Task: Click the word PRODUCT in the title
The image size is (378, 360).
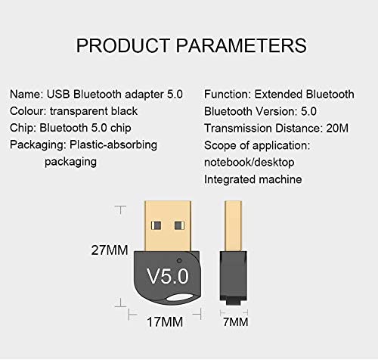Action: point(123,45)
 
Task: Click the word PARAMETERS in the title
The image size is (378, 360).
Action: point(241,45)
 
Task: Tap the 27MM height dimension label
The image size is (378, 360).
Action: point(110,250)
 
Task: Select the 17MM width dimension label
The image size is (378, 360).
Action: point(165,322)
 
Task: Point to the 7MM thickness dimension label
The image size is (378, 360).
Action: point(236,322)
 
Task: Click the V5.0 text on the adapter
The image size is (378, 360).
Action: point(168,276)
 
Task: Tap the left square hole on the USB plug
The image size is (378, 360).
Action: point(156,225)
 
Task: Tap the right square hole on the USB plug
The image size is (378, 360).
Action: point(179,225)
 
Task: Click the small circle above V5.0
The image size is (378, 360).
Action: point(179,261)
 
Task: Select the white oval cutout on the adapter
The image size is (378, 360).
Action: point(182,297)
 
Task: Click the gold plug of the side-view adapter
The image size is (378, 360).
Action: point(233,226)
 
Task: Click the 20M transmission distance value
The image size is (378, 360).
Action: point(337,128)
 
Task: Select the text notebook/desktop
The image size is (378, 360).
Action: point(249,163)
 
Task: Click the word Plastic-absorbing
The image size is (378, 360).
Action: point(113,145)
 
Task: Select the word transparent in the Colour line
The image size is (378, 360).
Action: point(79,111)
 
